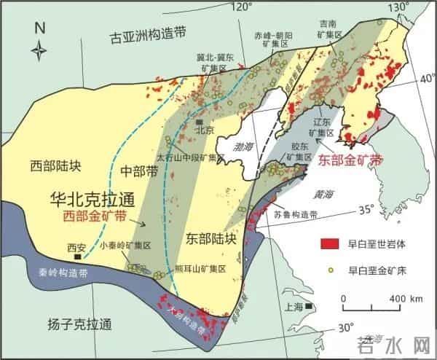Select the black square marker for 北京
click(x=199, y=122)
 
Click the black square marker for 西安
click(x=76, y=257)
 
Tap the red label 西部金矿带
click(x=94, y=216)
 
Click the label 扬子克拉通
click(x=67, y=324)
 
